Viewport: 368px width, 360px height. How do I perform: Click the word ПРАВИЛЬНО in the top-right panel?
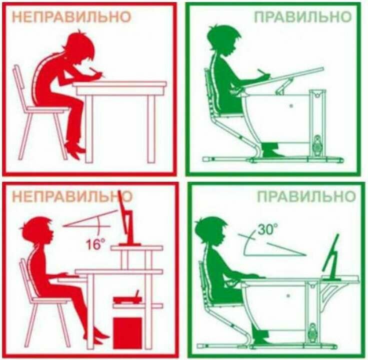[x=302, y=17]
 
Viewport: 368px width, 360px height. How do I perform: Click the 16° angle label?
[x=95, y=243]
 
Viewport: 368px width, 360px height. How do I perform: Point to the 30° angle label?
[x=267, y=229]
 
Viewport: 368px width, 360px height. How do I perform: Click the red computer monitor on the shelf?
[x=127, y=219]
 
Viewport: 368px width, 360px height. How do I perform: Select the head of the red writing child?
[x=80, y=47]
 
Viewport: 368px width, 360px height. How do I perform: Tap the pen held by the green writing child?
[x=262, y=73]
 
